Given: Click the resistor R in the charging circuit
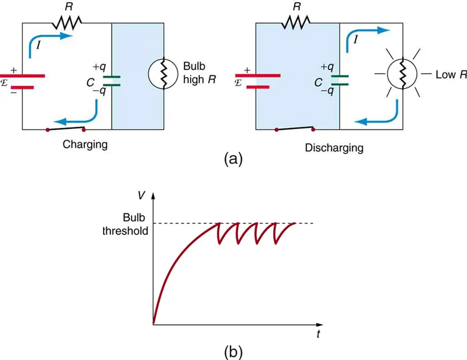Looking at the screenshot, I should point(67,22).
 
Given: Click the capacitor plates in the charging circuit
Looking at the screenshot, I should point(112,81).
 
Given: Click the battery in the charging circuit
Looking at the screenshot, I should point(22,82).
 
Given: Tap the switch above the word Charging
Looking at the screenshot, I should point(66,129).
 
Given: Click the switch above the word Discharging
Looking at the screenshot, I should point(295,129).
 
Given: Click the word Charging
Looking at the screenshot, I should point(85,144).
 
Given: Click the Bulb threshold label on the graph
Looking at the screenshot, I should point(130,225).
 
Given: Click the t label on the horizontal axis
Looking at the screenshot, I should point(318,334).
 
